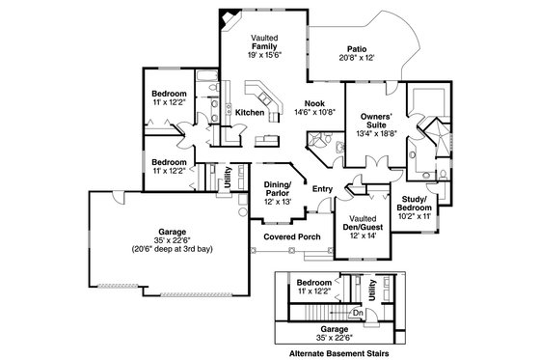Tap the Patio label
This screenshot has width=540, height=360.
(359, 49)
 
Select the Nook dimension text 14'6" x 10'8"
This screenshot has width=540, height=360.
(314, 113)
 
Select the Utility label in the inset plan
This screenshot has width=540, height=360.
(372, 287)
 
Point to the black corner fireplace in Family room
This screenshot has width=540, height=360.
(228, 19)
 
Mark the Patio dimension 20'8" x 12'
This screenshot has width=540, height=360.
(359, 59)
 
